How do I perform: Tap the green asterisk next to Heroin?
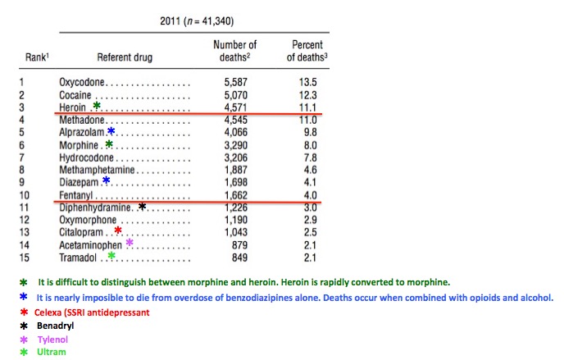(97, 105)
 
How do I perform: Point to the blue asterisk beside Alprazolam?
(111, 130)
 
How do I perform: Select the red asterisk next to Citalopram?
(118, 230)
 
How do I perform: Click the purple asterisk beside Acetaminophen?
(130, 243)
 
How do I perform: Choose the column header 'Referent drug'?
(125, 57)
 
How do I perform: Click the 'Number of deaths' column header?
(234, 50)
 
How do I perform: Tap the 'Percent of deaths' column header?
(307, 50)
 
